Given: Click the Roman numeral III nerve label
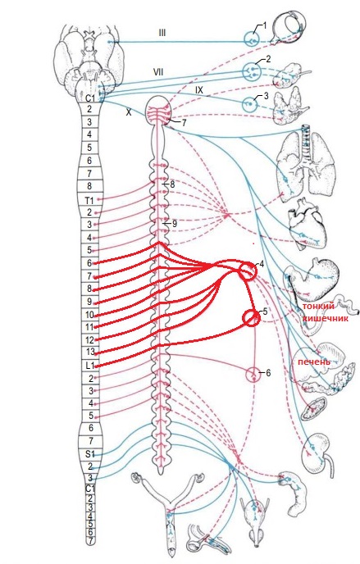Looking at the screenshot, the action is pos(162,33).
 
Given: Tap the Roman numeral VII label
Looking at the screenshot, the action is pos(158,72).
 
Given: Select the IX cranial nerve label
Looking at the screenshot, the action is pos(199,90).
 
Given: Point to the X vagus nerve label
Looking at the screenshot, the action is pos(129,112).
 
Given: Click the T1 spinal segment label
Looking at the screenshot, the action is pos(89,200).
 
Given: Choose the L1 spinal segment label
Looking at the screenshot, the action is pos(89,366).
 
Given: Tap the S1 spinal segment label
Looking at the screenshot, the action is pos(89,454).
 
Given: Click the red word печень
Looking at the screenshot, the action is pos(313,362).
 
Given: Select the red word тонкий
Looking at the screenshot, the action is pos(318,306).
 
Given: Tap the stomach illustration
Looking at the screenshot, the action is pos(316,279).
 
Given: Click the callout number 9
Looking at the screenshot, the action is pos(175,224).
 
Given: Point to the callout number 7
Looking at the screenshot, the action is pos(184,123).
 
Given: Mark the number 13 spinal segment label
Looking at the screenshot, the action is pos(90,352).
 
